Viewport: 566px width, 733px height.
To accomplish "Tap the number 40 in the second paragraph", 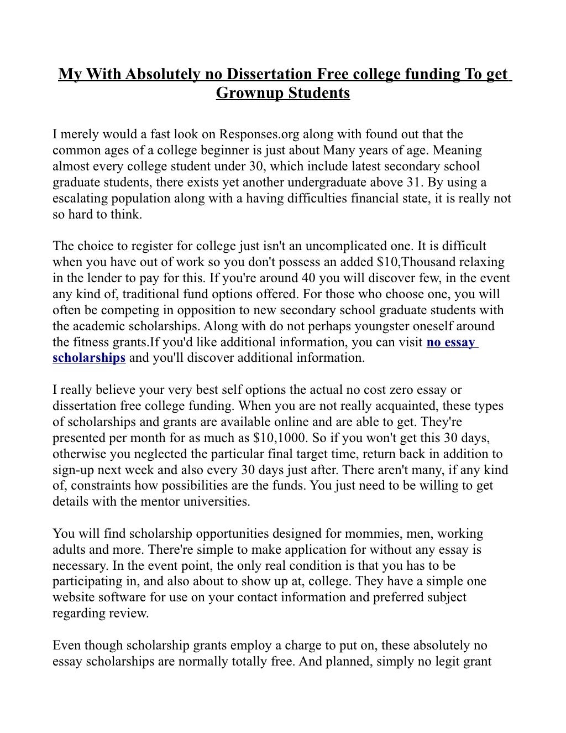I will pos(312,278).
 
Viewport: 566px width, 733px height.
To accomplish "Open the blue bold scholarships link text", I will pos(89,358).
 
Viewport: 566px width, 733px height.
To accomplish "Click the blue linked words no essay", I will pos(450,342).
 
